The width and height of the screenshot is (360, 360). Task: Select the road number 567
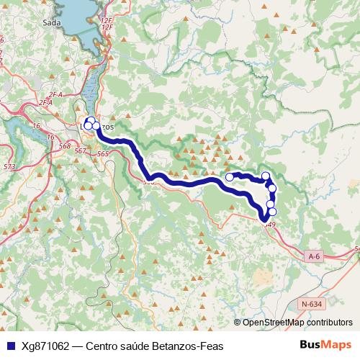pos(81,150)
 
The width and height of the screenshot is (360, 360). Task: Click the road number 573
pos(9,167)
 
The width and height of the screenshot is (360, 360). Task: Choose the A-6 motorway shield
pos(314,256)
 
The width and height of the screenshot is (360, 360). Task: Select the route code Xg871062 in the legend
pos(45,346)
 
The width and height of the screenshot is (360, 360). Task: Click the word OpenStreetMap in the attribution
pos(273,323)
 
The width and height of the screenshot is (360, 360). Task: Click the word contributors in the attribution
pos(328,323)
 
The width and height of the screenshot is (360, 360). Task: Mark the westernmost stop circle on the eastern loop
pos(230,176)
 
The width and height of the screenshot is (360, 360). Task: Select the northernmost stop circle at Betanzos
pos(91,120)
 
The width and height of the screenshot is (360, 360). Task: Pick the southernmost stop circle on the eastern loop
pos(271,212)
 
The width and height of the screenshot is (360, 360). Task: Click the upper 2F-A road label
pos(56,94)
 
